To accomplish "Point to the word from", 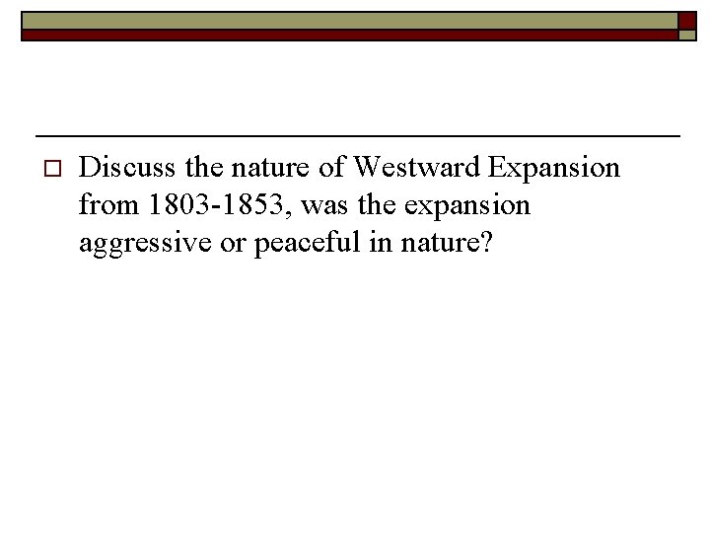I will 108,205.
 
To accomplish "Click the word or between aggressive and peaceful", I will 234,244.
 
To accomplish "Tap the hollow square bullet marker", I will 53,169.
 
